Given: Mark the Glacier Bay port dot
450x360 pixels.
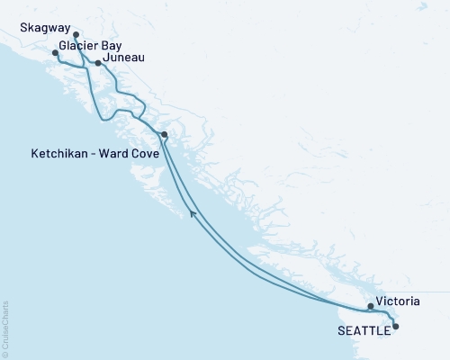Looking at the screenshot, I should tap(55, 53).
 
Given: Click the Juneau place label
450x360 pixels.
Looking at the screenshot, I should tap(123, 58).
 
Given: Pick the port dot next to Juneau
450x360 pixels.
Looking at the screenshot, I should tap(98, 63).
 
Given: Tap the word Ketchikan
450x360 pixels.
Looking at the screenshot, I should tap(58, 154).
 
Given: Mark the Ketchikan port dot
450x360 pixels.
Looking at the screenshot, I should tap(164, 135).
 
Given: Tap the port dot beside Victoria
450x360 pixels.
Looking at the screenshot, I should tap(371, 306).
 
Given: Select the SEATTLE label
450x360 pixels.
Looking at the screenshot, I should tap(364, 330).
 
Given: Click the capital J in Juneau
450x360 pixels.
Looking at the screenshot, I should tap(107, 58).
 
